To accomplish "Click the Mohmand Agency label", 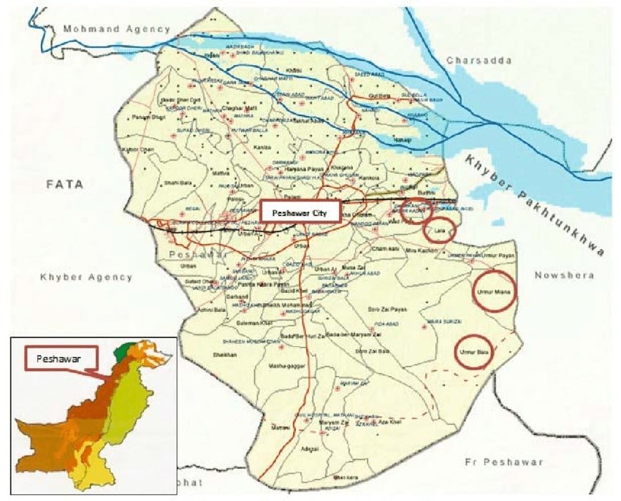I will tap(116, 29).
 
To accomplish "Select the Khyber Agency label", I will tap(87, 278).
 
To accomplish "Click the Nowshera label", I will tap(565, 275).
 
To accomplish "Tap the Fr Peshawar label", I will tap(504, 462).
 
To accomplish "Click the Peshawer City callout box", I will tap(301, 213).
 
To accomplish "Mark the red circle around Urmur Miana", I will tap(494, 291).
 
